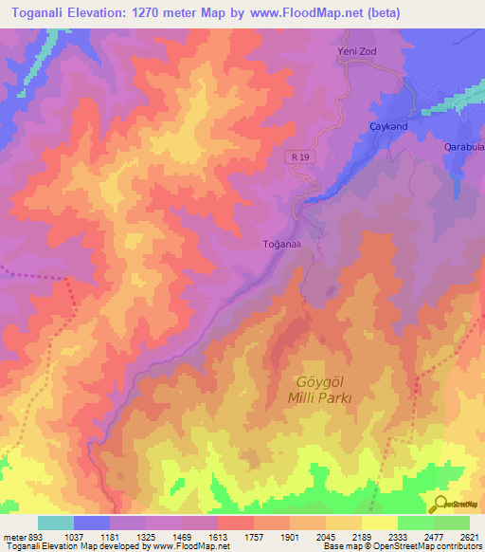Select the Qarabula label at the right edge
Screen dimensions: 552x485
coord(464,148)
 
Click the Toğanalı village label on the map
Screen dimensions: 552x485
coord(281,244)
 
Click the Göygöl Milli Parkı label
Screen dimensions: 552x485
coord(319,390)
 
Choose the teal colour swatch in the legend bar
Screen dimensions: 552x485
coord(56,524)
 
